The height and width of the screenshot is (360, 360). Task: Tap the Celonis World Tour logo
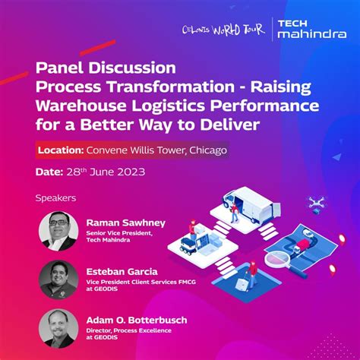227,31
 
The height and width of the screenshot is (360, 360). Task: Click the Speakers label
56,198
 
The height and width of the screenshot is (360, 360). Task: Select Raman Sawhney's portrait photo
57,230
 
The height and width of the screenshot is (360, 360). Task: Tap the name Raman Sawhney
124,223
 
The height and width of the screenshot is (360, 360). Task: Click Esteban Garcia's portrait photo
58,279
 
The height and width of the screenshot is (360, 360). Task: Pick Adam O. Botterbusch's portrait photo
58,327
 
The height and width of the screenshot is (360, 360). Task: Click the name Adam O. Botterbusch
142,319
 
